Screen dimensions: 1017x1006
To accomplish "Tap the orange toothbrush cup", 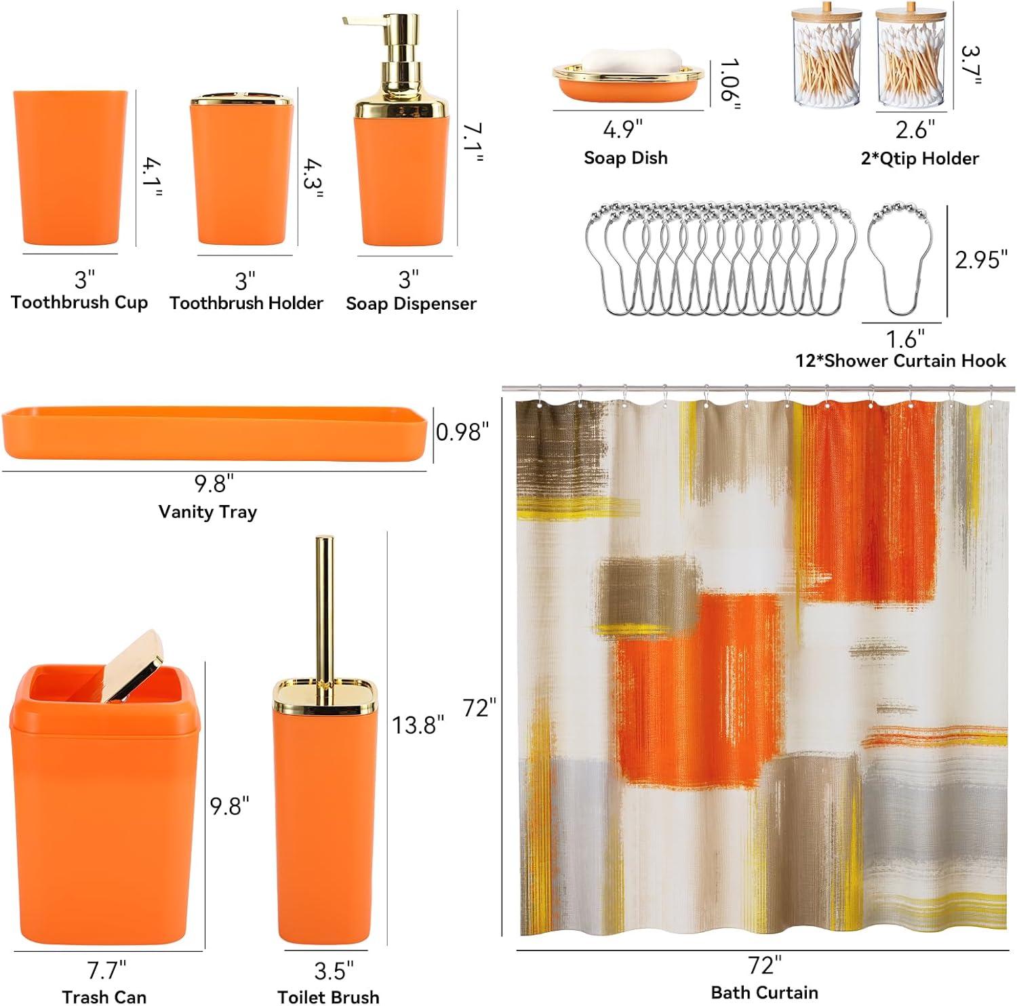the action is [x=70, y=167].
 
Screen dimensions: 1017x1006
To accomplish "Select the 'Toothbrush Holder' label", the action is [x=246, y=303].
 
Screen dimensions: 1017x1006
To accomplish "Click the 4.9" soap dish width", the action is [x=622, y=129].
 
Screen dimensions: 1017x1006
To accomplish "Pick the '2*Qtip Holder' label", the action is [x=919, y=159].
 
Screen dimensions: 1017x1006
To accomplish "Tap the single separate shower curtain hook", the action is [x=902, y=258].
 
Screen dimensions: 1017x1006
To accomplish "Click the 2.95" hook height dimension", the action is [x=981, y=259].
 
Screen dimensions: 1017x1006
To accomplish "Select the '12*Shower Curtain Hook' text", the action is [x=900, y=361].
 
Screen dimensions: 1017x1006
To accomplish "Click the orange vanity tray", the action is [x=214, y=432].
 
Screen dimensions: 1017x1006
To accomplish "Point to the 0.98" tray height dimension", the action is [x=462, y=432].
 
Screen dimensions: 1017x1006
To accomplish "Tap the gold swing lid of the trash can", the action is [x=130, y=666].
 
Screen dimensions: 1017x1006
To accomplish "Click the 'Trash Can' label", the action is [x=104, y=997].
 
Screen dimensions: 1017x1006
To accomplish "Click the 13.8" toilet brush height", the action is [x=418, y=725].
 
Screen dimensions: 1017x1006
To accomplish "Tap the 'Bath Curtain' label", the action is [x=764, y=992].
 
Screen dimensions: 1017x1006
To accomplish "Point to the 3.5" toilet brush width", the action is [x=334, y=971].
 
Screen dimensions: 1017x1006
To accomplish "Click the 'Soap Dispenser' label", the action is [x=411, y=304].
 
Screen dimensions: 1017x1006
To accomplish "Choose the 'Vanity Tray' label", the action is [x=207, y=512].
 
